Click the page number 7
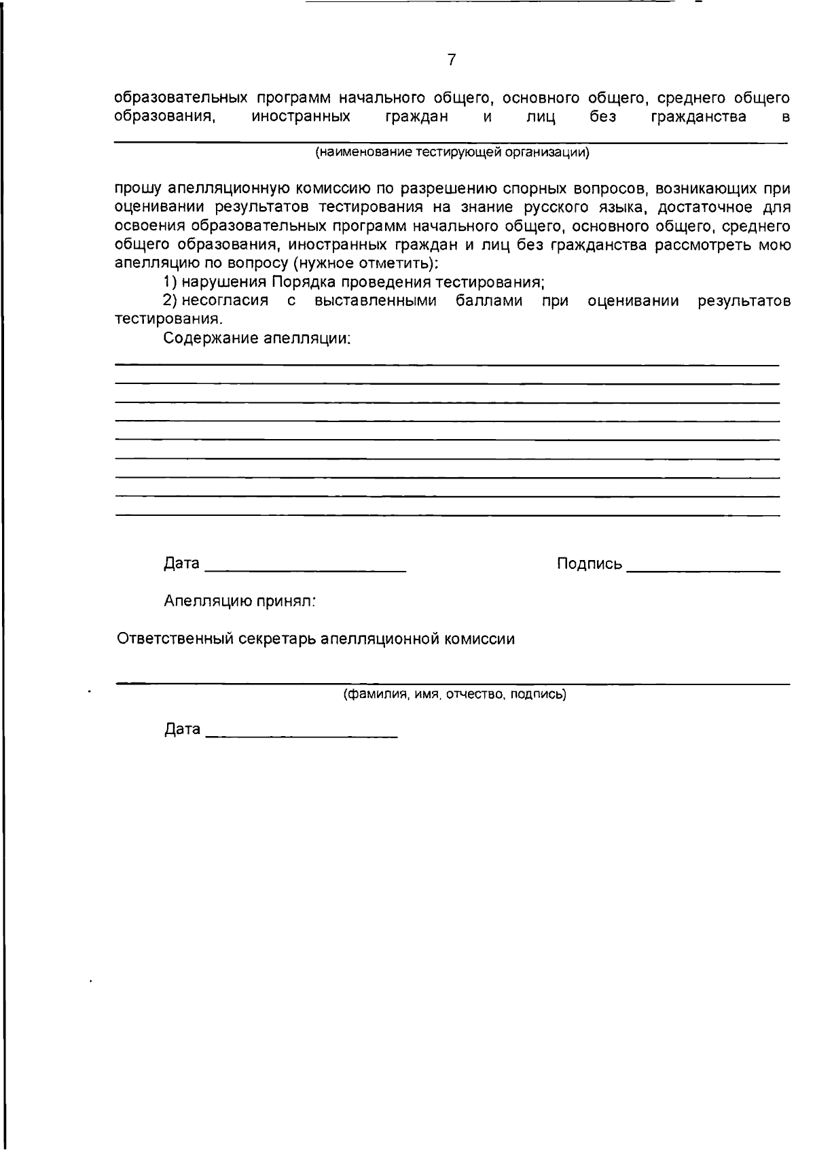pyautogui.click(x=452, y=60)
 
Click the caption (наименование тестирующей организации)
pyautogui.click(x=452, y=152)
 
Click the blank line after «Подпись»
pyautogui.click(x=703, y=570)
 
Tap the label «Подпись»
pyautogui.click(x=589, y=563)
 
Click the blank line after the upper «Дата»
pyautogui.click(x=306, y=570)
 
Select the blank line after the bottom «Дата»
pyautogui.click(x=301, y=736)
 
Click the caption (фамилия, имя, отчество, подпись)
pyautogui.click(x=454, y=694)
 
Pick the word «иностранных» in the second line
pyautogui.click(x=301, y=117)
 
